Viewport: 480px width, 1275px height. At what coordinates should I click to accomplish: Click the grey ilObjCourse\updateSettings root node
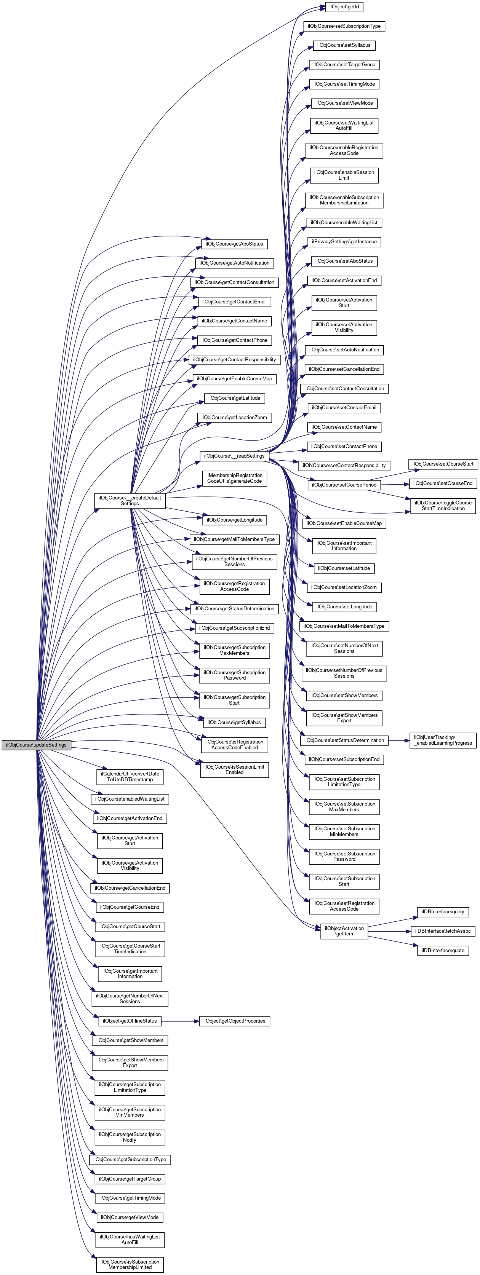[36, 745]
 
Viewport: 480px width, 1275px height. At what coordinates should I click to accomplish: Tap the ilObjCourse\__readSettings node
[234, 456]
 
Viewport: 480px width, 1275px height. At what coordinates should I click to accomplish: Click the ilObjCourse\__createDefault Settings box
[130, 500]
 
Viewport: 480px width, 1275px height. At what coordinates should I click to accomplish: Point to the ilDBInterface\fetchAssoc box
[443, 931]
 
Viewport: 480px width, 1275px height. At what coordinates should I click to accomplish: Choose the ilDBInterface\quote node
[443, 950]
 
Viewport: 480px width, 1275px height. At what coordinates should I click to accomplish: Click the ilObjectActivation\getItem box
[344, 931]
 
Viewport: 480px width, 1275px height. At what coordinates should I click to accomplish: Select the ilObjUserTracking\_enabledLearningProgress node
[443, 740]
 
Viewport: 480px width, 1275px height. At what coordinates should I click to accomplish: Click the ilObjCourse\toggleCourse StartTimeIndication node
[443, 505]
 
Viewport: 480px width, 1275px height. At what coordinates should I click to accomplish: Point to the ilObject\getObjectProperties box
[234, 1021]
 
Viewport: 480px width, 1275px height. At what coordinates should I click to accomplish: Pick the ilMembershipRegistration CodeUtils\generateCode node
[234, 478]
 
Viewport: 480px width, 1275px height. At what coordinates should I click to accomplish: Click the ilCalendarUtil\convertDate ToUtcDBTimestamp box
[130, 777]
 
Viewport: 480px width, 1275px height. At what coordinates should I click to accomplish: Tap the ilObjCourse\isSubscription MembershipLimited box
[130, 1265]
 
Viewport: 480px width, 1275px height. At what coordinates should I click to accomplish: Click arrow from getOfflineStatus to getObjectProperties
[180, 1021]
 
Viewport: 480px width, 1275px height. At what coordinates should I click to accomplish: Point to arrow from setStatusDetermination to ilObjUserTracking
[399, 740]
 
